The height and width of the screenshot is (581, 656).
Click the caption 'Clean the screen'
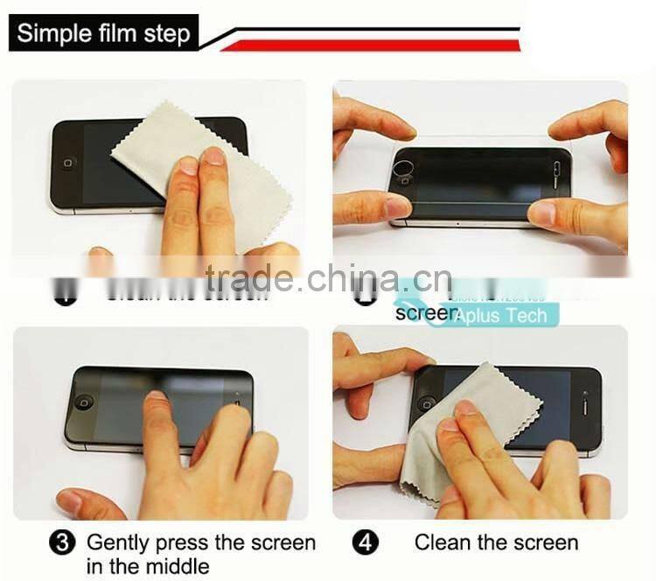[x=496, y=543]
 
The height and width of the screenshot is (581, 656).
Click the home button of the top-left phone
[x=68, y=164]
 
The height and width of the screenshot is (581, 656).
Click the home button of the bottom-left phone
[x=84, y=402]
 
